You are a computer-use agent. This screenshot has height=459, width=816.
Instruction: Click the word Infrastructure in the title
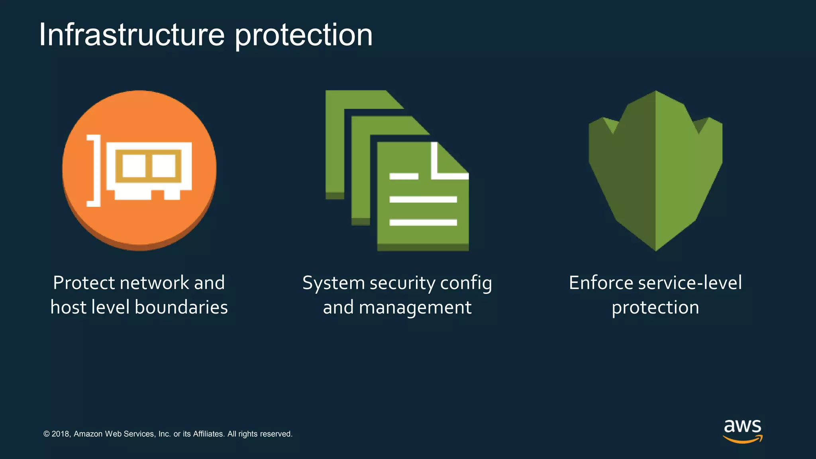(131, 35)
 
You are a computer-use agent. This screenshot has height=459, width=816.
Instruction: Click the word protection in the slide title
(303, 35)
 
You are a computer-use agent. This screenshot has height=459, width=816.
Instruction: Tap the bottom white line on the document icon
(423, 222)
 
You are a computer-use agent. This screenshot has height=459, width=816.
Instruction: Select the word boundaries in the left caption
(181, 308)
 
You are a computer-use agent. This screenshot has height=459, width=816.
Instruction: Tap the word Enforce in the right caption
(601, 283)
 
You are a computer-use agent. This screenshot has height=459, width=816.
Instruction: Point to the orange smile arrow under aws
(742, 439)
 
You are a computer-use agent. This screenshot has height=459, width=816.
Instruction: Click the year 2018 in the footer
(61, 434)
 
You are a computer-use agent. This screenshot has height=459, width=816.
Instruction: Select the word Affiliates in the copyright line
(208, 434)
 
